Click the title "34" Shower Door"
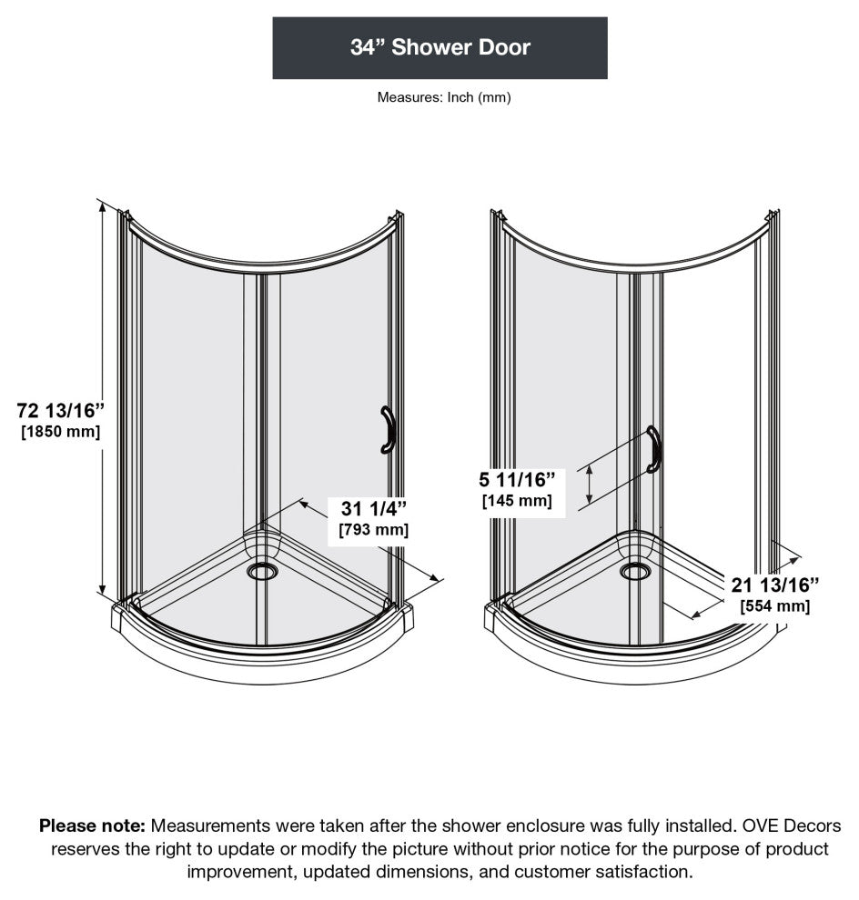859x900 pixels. click(x=440, y=47)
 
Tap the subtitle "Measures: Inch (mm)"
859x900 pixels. click(x=444, y=97)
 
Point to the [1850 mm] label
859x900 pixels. click(x=60, y=432)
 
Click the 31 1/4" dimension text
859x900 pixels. click(x=373, y=506)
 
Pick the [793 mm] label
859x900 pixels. click(x=373, y=529)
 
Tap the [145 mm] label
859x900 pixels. click(x=516, y=500)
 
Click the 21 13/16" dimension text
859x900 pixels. click(x=774, y=584)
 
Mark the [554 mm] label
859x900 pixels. click(x=774, y=606)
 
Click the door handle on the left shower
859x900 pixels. click(x=389, y=429)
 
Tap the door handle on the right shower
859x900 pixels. click(x=652, y=449)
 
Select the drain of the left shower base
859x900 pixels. click(x=262, y=571)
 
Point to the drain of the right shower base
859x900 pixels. click(x=635, y=571)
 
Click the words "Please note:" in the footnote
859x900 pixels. click(x=92, y=826)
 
